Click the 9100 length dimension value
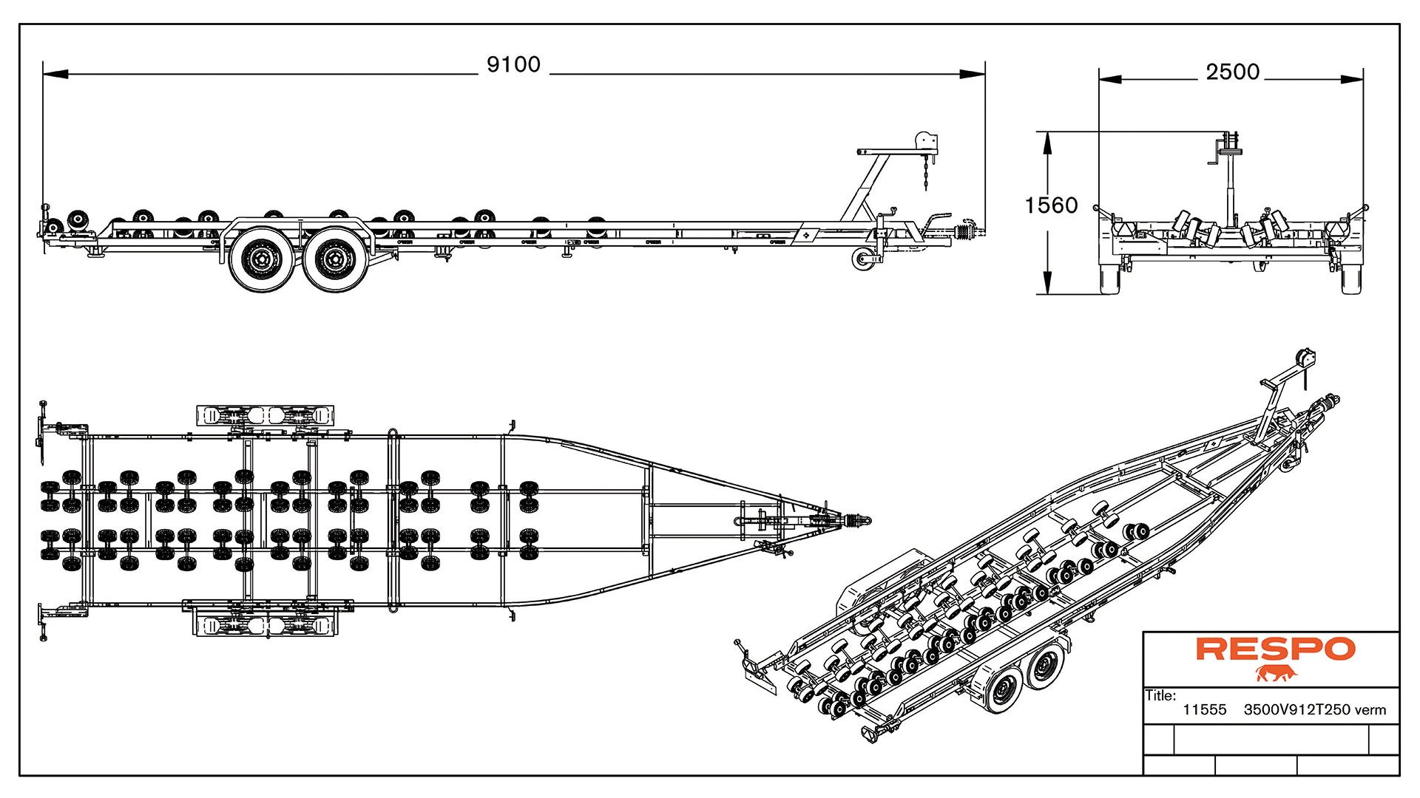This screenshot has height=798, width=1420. pos(513,65)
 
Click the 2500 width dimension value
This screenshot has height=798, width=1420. pos(1232,72)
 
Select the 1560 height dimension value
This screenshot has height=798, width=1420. pos(1051,205)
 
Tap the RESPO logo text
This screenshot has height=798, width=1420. pos(1275,649)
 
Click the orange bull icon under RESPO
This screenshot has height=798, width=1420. pos(1277,673)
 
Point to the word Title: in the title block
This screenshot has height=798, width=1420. pos(1160,695)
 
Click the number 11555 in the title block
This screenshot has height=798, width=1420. pos(1204,710)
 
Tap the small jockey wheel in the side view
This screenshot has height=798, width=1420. pos(861,259)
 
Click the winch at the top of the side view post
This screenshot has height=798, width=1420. pos(925,141)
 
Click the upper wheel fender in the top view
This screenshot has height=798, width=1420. pos(264,415)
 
